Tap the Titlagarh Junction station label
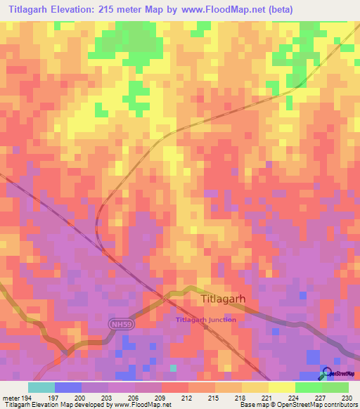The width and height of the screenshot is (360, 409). click(205, 320)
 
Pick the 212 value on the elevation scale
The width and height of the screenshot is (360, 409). click(187, 397)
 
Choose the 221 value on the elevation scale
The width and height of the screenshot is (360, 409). click(267, 397)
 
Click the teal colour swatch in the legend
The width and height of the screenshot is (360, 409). click(41, 387)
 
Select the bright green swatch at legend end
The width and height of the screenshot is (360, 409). click(335, 387)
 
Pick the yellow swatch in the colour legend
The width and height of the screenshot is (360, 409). click(281, 387)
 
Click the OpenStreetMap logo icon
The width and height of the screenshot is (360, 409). click(326, 373)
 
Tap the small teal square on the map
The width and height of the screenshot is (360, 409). click(174, 368)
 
